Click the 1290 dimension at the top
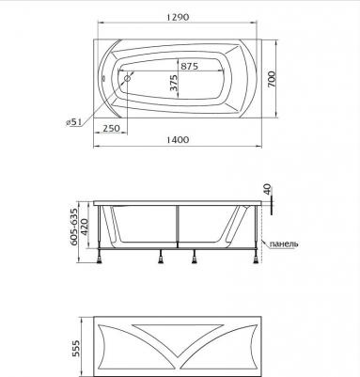[x=178, y=17]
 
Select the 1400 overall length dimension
[x=178, y=139]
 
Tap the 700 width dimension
[x=272, y=79]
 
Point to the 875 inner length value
[x=189, y=66]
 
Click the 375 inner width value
[x=173, y=83]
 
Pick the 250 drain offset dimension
[x=111, y=128]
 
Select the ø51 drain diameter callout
[x=73, y=122]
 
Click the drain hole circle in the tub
[x=128, y=78]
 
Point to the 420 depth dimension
[x=85, y=228]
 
